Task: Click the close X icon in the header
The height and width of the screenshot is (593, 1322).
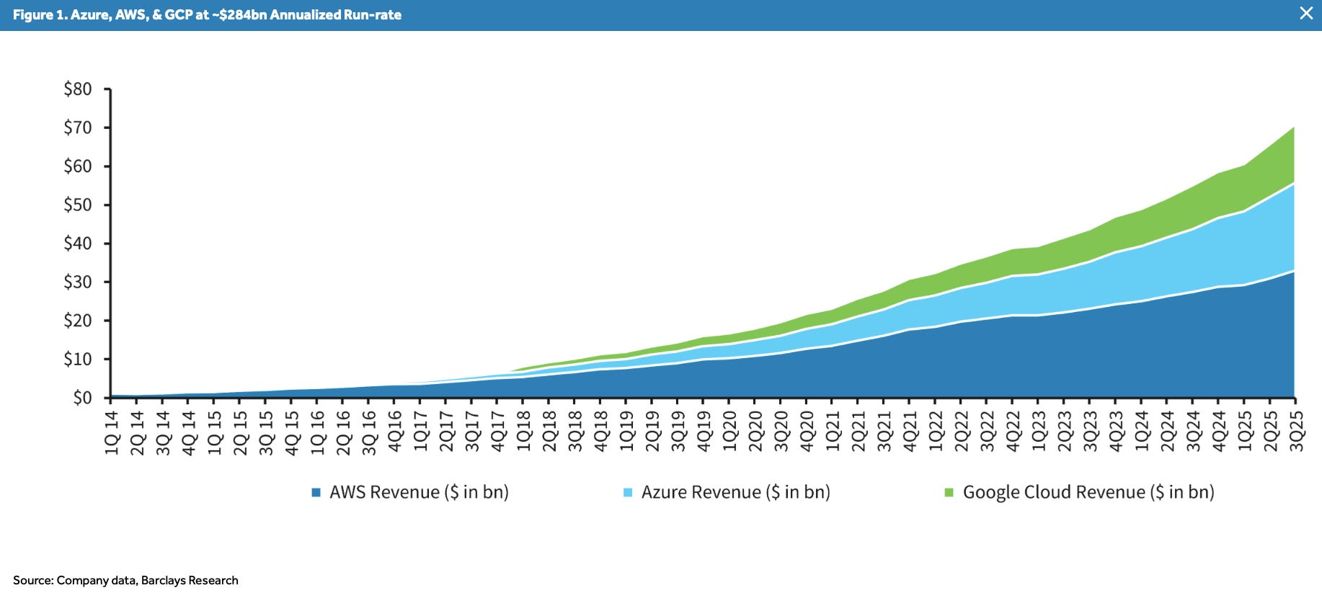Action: pos(1305,13)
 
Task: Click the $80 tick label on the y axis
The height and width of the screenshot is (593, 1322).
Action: pos(78,89)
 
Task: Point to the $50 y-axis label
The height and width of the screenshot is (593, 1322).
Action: pos(78,205)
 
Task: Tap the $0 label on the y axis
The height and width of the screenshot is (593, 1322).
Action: pos(82,398)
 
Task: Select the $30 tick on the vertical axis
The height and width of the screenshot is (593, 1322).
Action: pos(78,282)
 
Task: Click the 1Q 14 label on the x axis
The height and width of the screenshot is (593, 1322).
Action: pos(112,432)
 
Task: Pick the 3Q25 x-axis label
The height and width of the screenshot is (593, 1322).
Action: pos(1297,431)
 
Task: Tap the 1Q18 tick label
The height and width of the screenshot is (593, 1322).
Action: pos(524,431)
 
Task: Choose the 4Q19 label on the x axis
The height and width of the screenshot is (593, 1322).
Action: pos(704,431)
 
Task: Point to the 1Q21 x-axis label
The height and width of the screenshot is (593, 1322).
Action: pos(833,431)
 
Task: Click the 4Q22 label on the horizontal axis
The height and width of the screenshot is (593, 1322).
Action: pos(1013,431)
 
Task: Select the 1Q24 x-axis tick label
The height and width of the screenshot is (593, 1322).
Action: pos(1142,431)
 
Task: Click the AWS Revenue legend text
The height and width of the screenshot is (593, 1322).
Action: pos(419,492)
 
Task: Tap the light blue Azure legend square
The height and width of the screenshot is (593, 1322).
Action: pos(628,493)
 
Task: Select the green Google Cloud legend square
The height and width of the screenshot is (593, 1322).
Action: pos(949,493)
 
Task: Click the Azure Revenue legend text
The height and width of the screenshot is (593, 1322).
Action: pos(735,492)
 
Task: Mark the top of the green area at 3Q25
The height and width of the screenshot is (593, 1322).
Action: pos(1294,128)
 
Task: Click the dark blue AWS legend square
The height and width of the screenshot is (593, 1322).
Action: pos(316,493)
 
